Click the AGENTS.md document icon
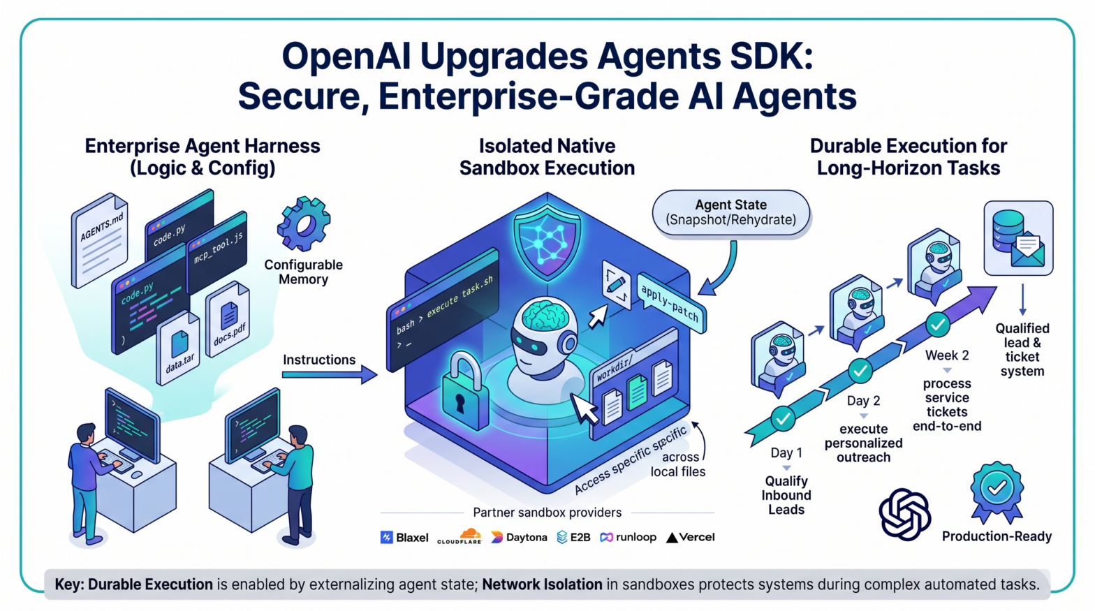pos(101,240)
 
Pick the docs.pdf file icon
pos(228,320)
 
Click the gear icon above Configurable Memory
pos(304,223)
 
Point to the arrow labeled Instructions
pos(330,375)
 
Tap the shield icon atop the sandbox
pos(547,241)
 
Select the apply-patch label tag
pos(672,302)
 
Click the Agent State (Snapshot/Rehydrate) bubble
pos(730,212)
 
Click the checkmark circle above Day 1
pos(783,418)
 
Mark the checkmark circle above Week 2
pos(938,325)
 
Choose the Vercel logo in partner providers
pos(690,537)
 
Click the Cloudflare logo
pos(460,536)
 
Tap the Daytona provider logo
pos(519,537)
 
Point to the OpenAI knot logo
pos(904,514)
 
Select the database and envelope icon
pos(1018,238)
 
